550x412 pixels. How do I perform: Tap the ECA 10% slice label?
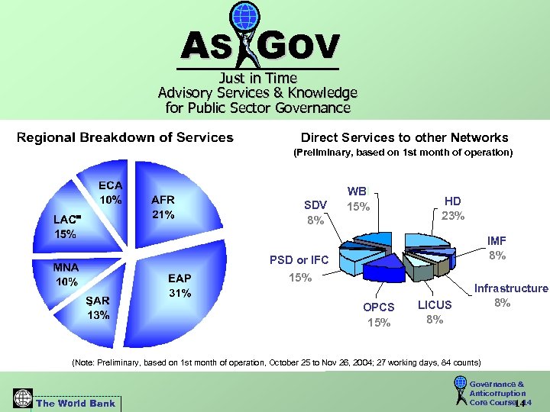point(111,192)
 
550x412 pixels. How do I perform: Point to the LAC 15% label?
point(66,227)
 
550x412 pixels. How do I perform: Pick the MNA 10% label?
point(66,275)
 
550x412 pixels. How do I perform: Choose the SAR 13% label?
point(98,307)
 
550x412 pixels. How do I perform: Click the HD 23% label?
point(453,208)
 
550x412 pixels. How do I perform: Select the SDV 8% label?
point(315,213)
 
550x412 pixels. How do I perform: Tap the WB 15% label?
point(357,199)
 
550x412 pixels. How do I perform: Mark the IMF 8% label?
point(497,248)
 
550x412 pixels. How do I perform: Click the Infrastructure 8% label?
point(511,295)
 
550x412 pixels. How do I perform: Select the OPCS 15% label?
point(379,314)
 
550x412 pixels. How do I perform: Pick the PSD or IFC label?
point(299,260)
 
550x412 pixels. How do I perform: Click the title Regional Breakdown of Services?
point(125,138)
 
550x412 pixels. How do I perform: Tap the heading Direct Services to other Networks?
point(404,138)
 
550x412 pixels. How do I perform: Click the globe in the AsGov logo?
point(245,17)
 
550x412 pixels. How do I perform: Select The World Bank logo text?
point(76,403)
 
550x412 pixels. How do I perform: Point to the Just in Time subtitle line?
point(257,78)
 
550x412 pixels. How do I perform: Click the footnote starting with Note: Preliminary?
point(275,361)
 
